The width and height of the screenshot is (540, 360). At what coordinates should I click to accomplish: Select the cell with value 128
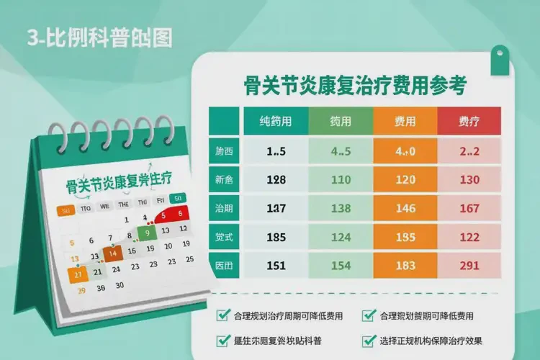[276, 179]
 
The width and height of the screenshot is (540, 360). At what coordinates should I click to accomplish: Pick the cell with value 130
[469, 179]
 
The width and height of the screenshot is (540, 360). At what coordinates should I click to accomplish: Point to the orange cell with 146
[405, 208]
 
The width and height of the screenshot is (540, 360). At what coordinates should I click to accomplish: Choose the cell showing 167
[469, 208]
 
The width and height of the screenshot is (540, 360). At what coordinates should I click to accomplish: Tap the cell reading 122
[469, 236]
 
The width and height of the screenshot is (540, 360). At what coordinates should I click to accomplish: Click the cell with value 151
[276, 265]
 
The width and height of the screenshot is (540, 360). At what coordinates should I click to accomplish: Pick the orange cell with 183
[405, 265]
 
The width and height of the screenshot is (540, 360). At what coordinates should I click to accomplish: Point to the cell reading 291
[469, 265]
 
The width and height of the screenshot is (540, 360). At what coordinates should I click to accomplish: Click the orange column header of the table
[405, 122]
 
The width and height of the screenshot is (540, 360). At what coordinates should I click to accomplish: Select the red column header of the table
[469, 122]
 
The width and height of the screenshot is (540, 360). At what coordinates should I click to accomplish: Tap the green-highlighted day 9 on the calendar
[147, 233]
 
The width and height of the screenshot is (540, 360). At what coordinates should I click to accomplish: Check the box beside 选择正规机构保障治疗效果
[369, 341]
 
